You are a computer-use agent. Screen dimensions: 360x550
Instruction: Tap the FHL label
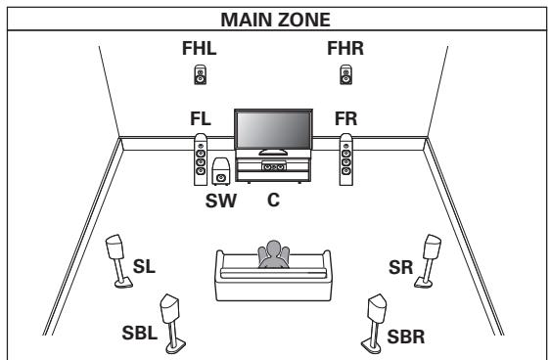pyautogui.click(x=200, y=49)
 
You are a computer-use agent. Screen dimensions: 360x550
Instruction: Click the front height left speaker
pyautogui.click(x=200, y=73)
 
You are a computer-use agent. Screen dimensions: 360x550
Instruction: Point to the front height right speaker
pyautogui.click(x=345, y=73)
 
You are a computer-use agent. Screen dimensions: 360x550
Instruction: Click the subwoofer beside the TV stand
pyautogui.click(x=222, y=173)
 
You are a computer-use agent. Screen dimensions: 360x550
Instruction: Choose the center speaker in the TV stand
pyautogui.click(x=275, y=166)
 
